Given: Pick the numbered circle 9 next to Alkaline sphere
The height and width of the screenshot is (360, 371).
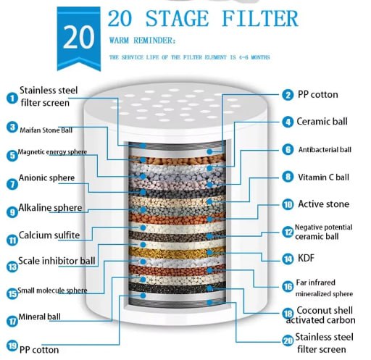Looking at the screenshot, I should coord(11,212).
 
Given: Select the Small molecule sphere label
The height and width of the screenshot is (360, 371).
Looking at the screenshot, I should coord(55,291).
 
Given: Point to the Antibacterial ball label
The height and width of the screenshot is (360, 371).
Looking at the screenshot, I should coord(325,149).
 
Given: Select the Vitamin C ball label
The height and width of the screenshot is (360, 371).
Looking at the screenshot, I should coord(322,176).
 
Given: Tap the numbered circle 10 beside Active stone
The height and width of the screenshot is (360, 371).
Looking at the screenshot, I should coord(287,205).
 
